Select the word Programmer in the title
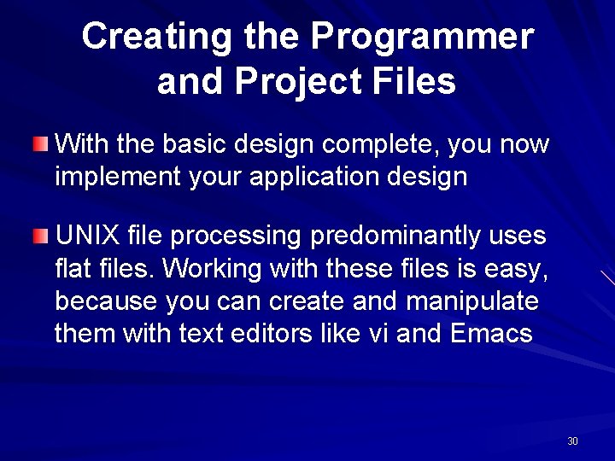(422, 37)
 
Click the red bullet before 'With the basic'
(42, 143)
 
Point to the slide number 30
(572, 441)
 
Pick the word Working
(212, 269)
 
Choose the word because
(106, 301)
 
